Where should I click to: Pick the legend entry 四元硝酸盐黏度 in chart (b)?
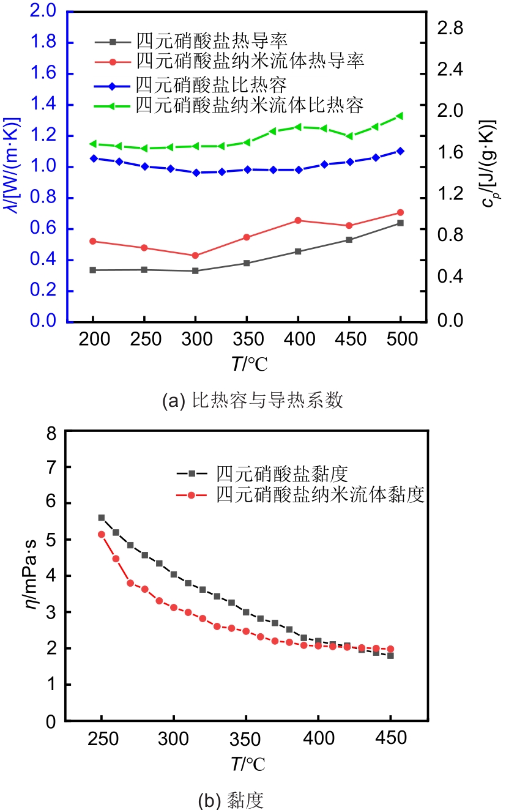tap(281, 473)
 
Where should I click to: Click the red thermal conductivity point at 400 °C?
tap(298, 220)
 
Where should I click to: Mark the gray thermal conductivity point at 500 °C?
tap(400, 223)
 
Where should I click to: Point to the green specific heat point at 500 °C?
tap(400, 116)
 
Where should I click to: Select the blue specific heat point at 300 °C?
tap(196, 173)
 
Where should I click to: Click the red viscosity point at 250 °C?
tap(102, 534)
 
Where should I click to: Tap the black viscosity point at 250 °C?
tap(102, 518)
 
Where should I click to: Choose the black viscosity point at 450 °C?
tap(390, 655)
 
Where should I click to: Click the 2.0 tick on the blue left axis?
tap(47, 12)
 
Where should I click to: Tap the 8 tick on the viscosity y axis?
tap(51, 433)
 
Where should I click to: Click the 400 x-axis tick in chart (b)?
tap(318, 739)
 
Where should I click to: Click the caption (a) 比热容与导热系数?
tap(252, 401)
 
